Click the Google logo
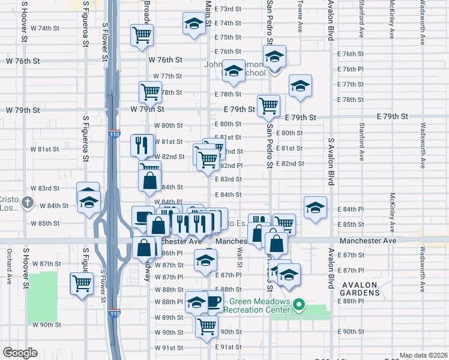click(x=20, y=353)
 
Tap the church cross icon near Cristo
click(x=27, y=203)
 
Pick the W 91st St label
click(x=169, y=348)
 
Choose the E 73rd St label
click(x=228, y=10)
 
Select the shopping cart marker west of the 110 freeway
click(x=82, y=283)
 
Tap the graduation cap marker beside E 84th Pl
click(x=315, y=207)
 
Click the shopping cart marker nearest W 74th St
click(x=142, y=34)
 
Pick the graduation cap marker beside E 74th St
click(x=193, y=25)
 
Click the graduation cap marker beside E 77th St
click(x=300, y=85)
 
